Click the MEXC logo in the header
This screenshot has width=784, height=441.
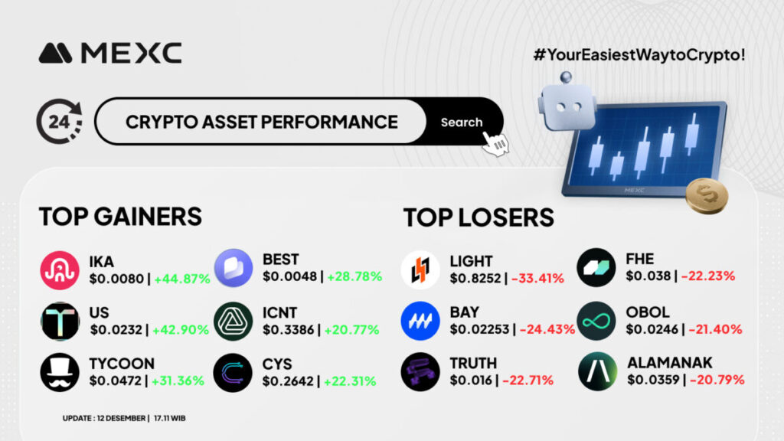(110, 53)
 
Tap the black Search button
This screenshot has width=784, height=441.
(461, 122)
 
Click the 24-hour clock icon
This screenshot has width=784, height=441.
(60, 122)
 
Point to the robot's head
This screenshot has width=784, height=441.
(567, 106)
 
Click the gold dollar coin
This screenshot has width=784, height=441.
(707, 195)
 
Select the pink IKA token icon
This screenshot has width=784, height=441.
(60, 270)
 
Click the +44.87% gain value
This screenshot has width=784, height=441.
(182, 279)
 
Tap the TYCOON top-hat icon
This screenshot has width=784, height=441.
(60, 373)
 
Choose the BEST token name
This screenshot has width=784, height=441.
(280, 260)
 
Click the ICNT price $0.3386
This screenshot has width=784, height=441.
(289, 330)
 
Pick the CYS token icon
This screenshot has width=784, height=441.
(233, 373)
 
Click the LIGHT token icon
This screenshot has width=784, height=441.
(420, 270)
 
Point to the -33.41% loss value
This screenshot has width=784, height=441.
(537, 279)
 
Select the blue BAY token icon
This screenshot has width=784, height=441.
(420, 321)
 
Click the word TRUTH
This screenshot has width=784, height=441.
(473, 363)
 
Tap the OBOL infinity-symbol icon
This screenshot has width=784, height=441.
(596, 321)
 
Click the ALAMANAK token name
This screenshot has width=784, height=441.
(670, 362)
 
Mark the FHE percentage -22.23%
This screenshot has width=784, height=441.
(708, 276)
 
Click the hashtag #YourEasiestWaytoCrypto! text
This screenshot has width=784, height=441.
(639, 54)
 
